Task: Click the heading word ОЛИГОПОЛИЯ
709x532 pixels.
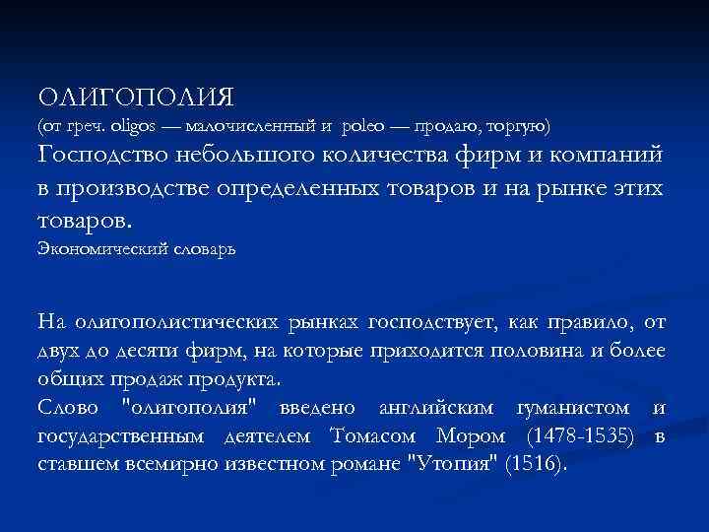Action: click(136, 98)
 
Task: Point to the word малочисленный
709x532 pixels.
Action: click(253, 127)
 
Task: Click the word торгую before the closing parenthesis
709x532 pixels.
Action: click(520, 127)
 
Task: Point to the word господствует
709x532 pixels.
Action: click(434, 321)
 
